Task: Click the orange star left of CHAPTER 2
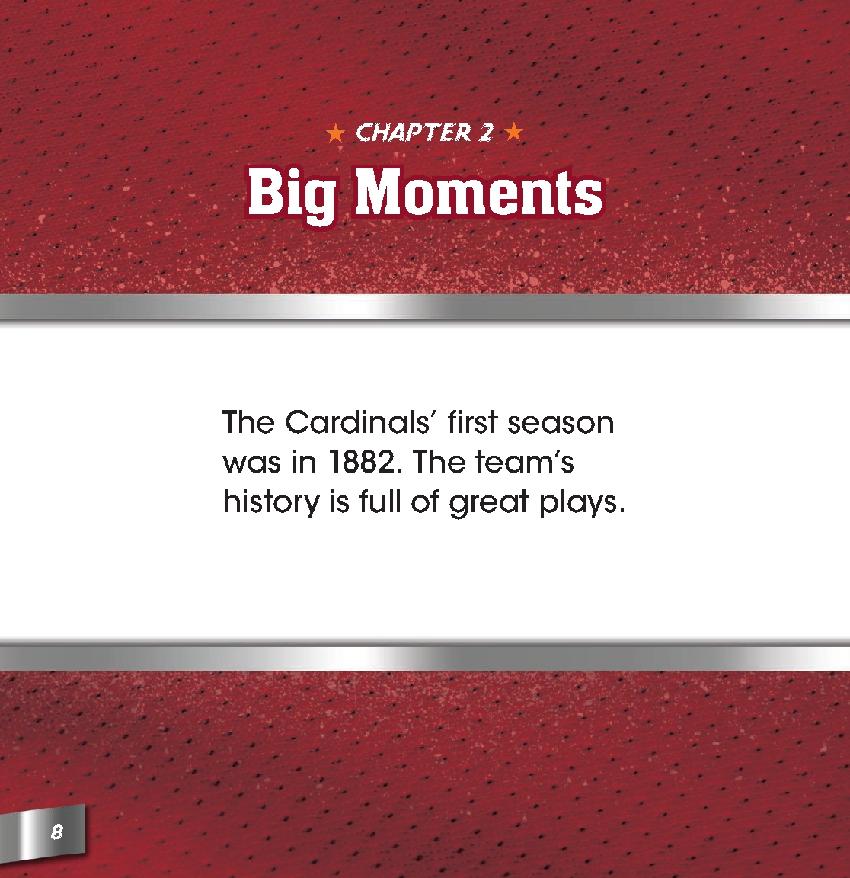pos(335,134)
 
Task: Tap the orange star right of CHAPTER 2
pos(514,133)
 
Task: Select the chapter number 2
pos(485,133)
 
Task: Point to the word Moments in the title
pos(479,192)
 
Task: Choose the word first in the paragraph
pos(472,422)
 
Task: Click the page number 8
pos(56,831)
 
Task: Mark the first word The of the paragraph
pos(248,422)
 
